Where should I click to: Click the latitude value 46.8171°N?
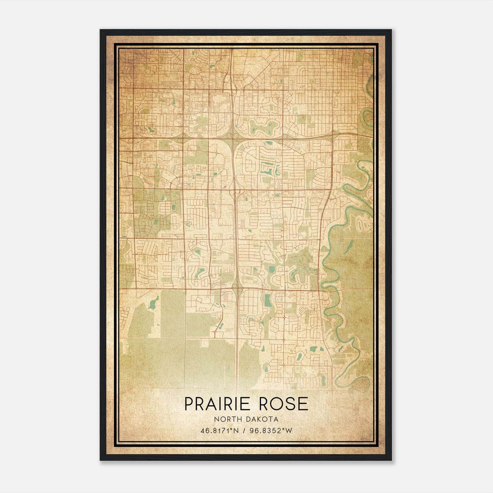[x=220, y=431]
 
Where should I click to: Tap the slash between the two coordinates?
[x=244, y=431]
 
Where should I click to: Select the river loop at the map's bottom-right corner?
[x=360, y=382]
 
